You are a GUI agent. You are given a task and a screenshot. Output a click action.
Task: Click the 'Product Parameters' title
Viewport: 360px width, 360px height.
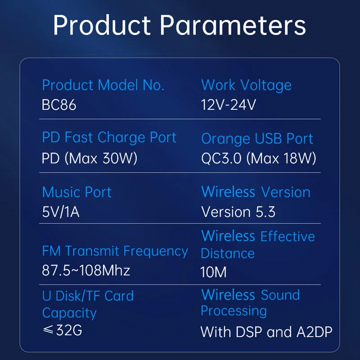coord(179,25)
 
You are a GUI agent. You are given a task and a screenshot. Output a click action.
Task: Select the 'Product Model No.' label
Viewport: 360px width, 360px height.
coord(103,85)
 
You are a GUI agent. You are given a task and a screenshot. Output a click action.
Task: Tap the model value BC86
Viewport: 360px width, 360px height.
coord(59,105)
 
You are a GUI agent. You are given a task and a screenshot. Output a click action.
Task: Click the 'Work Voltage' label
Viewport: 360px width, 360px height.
coord(246,85)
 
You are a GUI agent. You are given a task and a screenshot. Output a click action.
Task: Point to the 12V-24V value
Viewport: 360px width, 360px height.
coord(229,105)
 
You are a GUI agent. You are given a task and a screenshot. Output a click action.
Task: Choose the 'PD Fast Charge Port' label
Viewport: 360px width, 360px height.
coord(109,138)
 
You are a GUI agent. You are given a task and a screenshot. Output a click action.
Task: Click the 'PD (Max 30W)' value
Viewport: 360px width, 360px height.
coord(90,158)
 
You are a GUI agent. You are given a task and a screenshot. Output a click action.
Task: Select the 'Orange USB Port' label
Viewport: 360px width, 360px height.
coord(257,139)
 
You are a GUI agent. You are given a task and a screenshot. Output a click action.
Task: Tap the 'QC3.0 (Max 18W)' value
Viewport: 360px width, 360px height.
coord(258,158)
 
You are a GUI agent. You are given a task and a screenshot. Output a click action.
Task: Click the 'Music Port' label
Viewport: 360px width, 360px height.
coord(76,192)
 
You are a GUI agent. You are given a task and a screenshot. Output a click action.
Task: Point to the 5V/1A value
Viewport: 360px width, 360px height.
coord(61,211)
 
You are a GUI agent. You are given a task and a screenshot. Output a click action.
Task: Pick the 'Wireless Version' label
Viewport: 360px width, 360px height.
coord(256,192)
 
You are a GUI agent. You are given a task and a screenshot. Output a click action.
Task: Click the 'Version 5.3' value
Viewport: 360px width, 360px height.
coord(238,211)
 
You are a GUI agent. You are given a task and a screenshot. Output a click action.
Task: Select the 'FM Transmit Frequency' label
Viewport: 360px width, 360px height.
coord(115,251)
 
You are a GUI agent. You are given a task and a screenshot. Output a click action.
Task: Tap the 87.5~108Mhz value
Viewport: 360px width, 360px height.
coord(86,270)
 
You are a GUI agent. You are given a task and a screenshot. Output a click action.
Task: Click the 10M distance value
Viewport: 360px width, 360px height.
coord(213,272)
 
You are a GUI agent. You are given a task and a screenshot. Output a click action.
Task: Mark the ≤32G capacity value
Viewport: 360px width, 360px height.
coord(62,330)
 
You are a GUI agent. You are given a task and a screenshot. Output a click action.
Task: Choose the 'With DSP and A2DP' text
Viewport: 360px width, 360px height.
coord(266,332)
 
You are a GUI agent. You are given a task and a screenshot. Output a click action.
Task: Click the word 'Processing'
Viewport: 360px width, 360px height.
coord(234,311)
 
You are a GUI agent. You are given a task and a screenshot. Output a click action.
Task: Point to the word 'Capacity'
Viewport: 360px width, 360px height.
coord(69,313)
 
